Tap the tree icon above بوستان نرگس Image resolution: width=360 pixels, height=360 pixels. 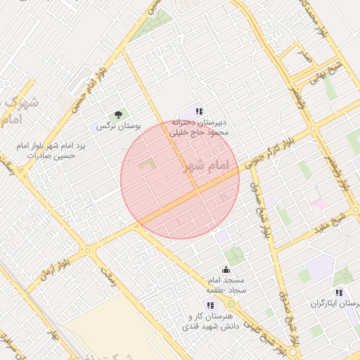tap(119, 115)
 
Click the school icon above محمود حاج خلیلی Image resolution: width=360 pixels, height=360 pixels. tap(200, 111)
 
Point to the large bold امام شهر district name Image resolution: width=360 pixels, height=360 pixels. tap(206, 167)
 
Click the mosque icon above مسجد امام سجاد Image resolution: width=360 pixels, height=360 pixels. tap(226, 269)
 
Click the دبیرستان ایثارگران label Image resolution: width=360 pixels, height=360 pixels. tap(335, 304)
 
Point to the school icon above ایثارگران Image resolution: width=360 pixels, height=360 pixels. tap(340, 292)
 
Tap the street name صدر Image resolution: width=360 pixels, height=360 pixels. tap(303, 53)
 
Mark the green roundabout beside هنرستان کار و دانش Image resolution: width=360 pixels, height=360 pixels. tap(232, 304)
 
